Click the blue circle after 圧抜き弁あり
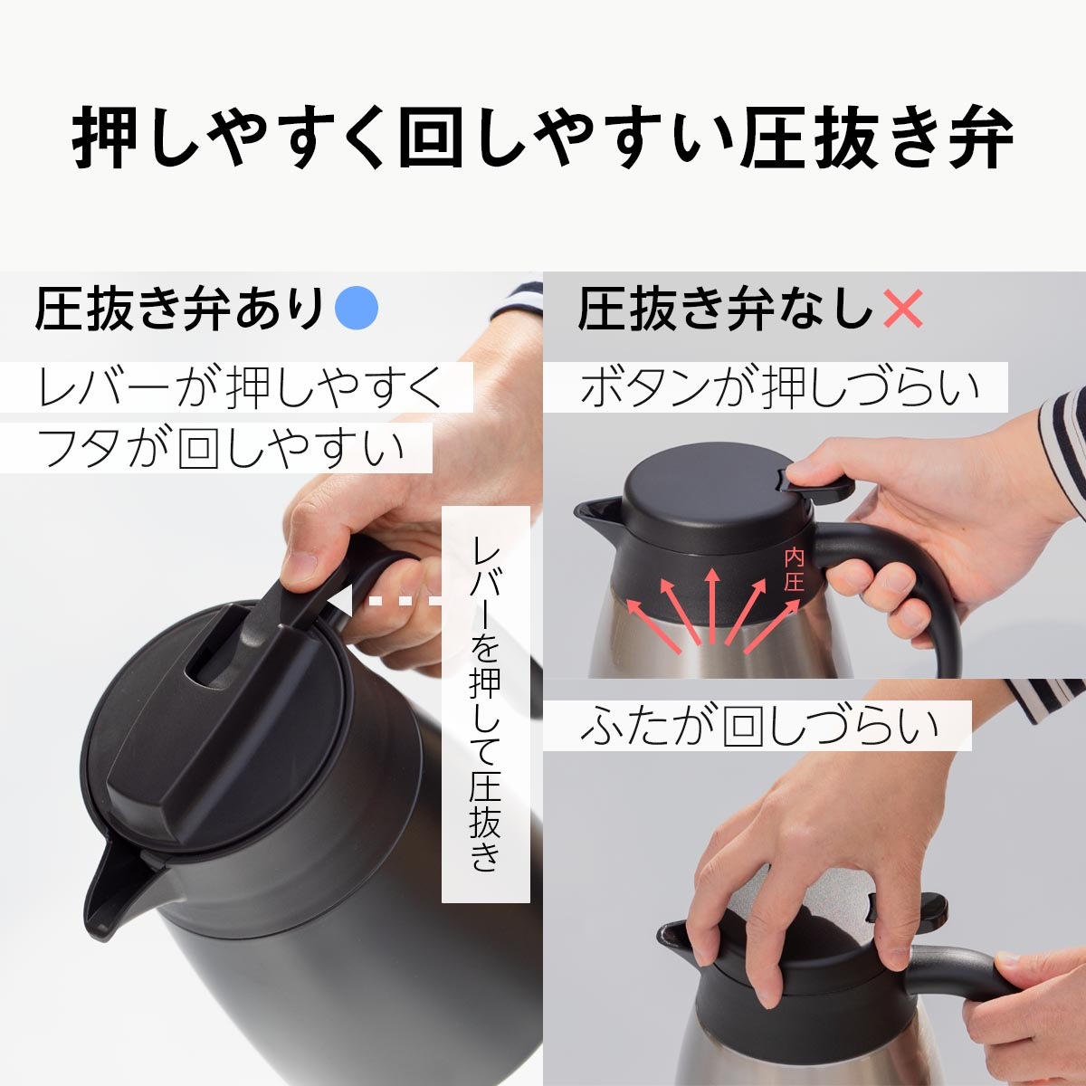pyautogui.click(x=357, y=308)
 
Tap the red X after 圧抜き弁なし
pyautogui.click(x=902, y=309)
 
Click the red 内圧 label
pyautogui.click(x=794, y=568)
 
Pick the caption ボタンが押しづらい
pyautogui.click(x=778, y=387)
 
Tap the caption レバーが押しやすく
pyautogui.click(x=240, y=387)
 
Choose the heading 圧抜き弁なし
pyautogui.click(x=724, y=309)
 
